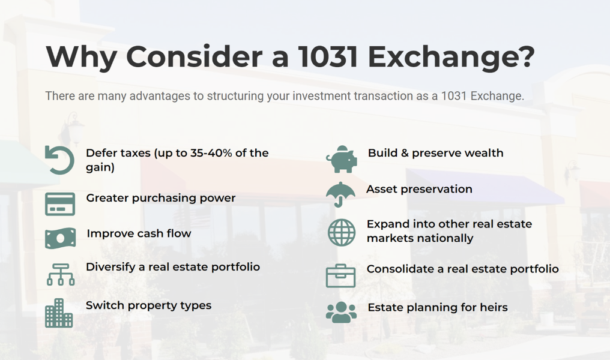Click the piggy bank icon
341,159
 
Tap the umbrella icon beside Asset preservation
340,194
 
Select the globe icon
341,232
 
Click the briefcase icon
340,275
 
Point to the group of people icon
341,312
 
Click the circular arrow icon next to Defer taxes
59,160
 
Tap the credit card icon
60,204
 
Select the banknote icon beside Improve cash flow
60,238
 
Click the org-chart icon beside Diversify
61,274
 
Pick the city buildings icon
59,313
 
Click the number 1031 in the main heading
328,57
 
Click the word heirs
494,307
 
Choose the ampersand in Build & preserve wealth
405,153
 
